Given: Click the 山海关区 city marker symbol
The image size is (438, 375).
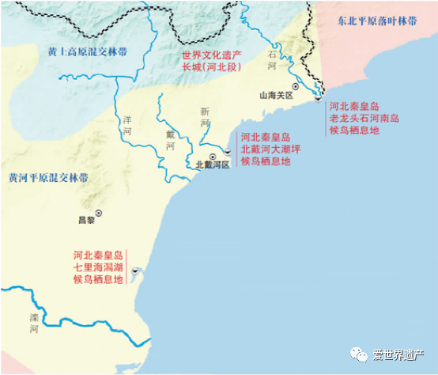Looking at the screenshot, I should pos(295,85).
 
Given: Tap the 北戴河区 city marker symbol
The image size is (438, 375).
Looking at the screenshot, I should pos(213,157).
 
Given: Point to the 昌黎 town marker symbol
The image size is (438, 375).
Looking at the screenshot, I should pos(99,212).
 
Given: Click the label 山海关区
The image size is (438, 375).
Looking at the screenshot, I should pos(277,95).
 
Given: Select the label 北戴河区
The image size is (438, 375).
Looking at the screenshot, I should pos(213,166).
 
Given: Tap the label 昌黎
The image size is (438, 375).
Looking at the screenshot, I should pos(85,221).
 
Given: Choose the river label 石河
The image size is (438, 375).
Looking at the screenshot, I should pos(272,62).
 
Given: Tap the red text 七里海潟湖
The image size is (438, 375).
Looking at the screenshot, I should pos(97,267).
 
